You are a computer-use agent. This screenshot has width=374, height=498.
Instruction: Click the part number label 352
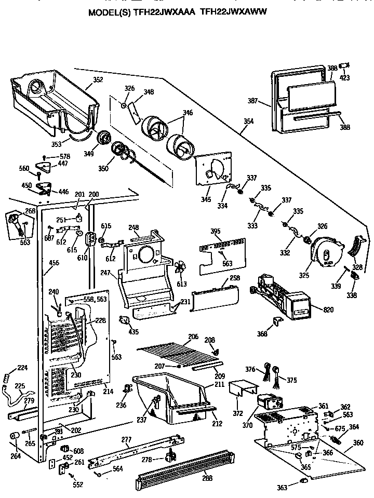click(97, 79)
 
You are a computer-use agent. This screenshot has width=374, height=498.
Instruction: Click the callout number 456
click(54, 263)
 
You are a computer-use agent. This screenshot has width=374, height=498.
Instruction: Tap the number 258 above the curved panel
click(235, 279)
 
